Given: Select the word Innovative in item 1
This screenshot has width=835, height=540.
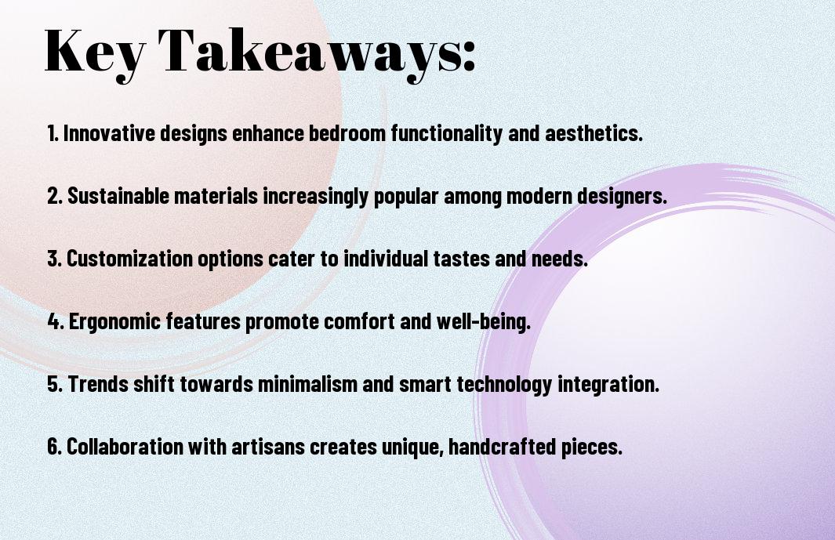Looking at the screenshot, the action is coord(109,133).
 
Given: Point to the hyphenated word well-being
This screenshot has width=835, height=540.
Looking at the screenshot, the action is coord(484,322).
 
